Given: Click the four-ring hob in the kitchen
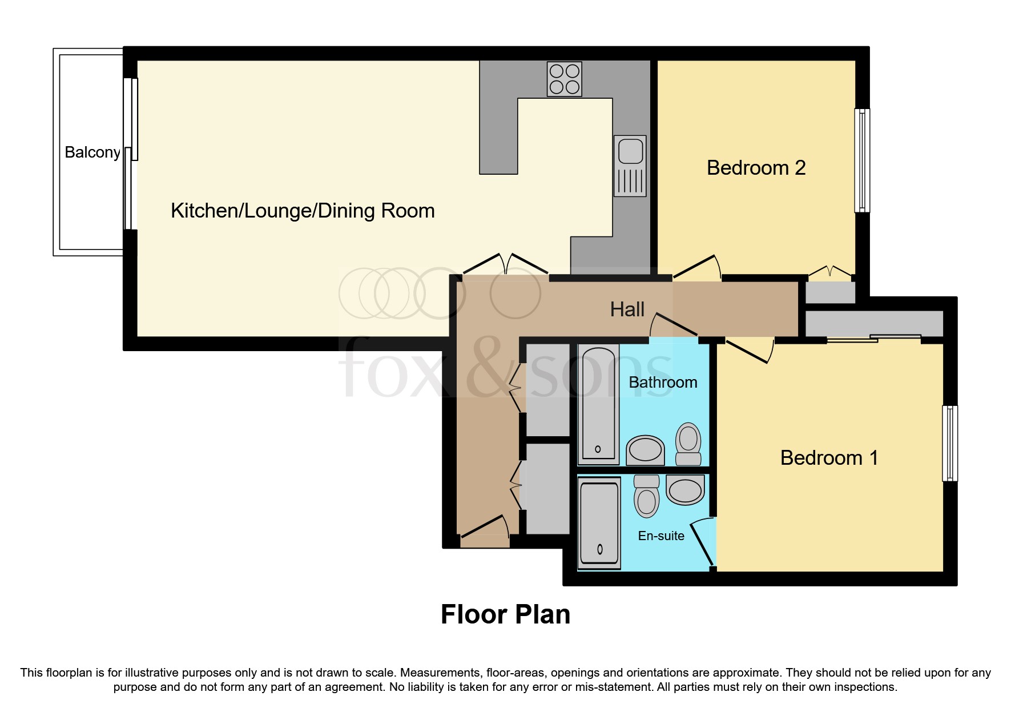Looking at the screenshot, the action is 564,79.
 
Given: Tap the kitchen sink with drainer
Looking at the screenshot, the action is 630,166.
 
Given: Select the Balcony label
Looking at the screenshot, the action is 92,152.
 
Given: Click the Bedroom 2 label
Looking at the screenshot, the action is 756,168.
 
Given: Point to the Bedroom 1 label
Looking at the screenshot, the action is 829,458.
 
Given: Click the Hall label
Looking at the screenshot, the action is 627,309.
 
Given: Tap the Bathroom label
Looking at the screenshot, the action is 663,383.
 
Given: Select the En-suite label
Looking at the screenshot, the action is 661,536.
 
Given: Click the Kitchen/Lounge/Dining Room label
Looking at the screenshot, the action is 303,211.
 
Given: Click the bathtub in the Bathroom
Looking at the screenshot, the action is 598,404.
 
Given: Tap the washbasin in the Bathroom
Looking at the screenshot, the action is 646,450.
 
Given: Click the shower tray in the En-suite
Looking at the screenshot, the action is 599,523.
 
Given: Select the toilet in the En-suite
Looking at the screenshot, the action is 646,496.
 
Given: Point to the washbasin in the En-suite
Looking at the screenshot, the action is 685,490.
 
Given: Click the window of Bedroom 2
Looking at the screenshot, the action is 862,160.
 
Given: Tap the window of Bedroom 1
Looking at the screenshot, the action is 950,443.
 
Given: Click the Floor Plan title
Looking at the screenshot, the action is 505,615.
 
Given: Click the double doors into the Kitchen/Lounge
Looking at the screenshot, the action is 506,264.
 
